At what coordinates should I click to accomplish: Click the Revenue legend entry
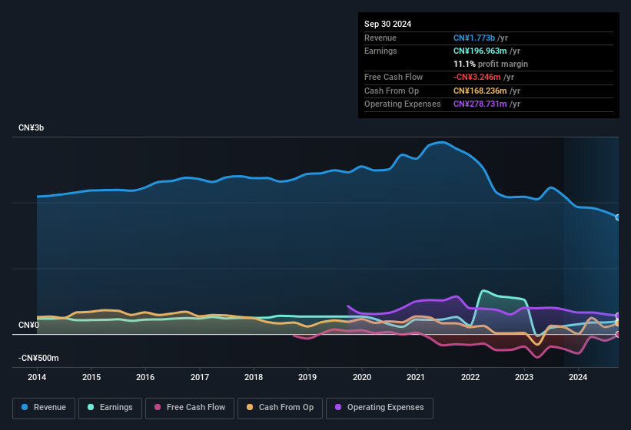coord(44,407)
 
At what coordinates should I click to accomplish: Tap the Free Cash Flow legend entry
coord(190,407)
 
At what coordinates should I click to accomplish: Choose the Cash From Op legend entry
coord(280,407)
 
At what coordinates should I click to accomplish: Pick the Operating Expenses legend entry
coord(380,407)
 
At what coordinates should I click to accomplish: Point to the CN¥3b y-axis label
coord(32,127)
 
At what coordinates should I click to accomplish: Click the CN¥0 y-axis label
coord(28,326)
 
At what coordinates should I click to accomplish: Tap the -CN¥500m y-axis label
coord(39,359)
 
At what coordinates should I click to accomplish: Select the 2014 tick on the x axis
coord(37,377)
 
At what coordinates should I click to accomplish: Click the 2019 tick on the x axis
coord(307,377)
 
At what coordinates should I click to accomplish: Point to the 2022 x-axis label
coord(470,377)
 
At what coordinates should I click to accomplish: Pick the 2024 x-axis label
coord(578,377)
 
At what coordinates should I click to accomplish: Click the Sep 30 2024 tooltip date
coord(387,24)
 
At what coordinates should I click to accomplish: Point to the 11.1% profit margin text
coord(490,64)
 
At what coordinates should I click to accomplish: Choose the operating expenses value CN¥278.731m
coord(480,104)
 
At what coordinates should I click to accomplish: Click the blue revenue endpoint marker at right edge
coord(618,217)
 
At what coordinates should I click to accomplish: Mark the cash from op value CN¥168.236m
coord(480,91)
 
